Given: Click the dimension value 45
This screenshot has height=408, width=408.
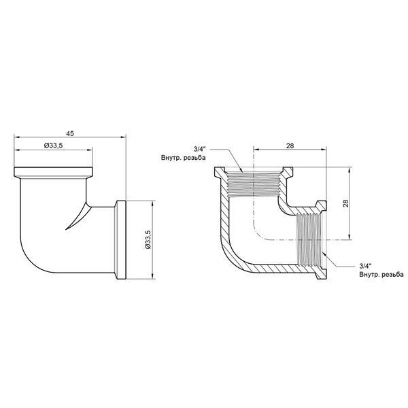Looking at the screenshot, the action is [70, 133].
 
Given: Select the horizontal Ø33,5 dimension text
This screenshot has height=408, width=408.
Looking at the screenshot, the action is [53, 146].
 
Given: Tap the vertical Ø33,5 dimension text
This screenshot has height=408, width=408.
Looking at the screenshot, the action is [148, 239].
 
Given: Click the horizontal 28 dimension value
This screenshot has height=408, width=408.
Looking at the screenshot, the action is [290, 146].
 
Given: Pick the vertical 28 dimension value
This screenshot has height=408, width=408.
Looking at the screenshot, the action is [345, 203].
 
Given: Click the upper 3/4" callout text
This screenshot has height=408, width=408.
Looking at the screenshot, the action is [199, 150].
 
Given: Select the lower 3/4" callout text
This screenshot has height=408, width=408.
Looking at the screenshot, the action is [365, 266].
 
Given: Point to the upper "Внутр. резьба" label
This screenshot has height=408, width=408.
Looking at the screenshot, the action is [183, 158].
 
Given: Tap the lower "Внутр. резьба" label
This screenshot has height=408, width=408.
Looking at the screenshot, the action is [381, 274].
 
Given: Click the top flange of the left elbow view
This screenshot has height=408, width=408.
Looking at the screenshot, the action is [53, 172].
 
